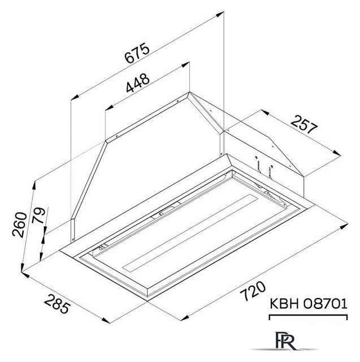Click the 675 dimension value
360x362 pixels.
(137, 53)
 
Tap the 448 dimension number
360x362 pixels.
(138, 83)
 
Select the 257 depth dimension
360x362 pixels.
(304, 124)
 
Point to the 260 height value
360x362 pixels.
(20, 225)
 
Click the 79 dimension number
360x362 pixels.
(38, 216)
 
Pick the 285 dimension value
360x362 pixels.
(57, 304)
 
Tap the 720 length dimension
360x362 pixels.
(253, 291)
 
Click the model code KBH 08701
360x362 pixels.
(309, 304)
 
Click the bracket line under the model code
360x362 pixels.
(309, 315)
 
